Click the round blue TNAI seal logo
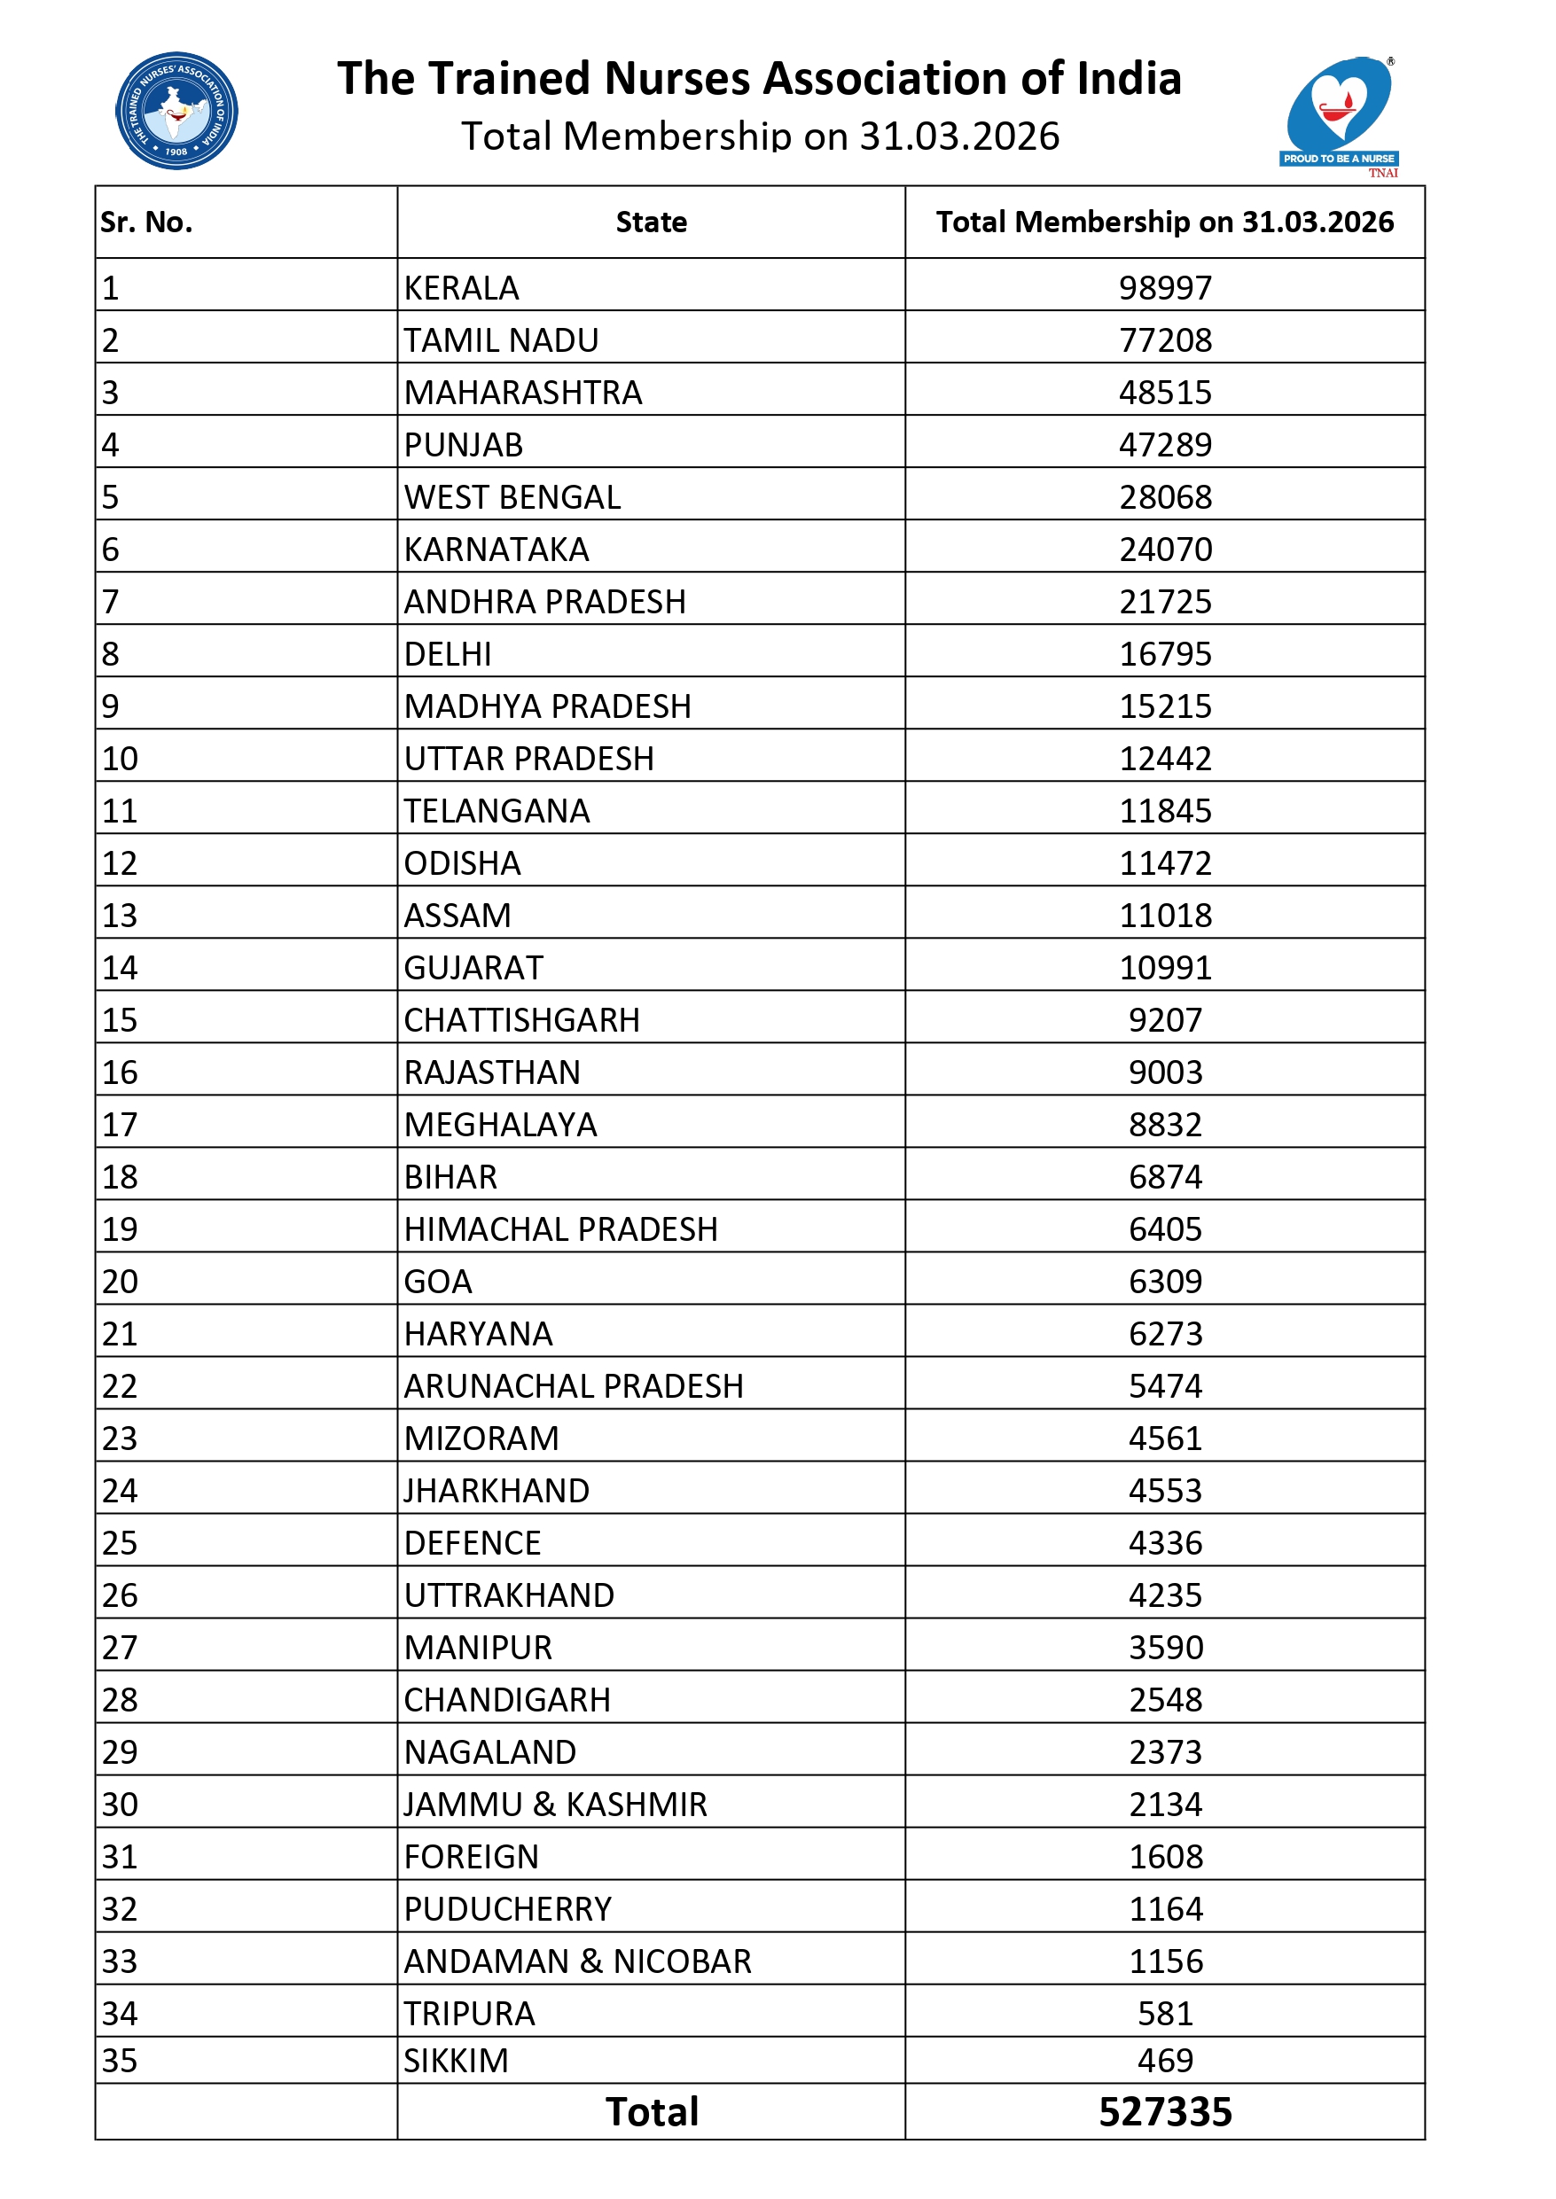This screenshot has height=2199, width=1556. [176, 111]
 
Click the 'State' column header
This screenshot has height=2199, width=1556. [651, 222]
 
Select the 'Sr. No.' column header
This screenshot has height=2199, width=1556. [146, 222]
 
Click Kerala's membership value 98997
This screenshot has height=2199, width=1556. [1165, 288]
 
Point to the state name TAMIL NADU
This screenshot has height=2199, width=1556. [501, 341]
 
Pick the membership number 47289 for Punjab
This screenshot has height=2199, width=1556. [1165, 445]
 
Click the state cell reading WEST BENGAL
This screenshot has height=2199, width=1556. [512, 498]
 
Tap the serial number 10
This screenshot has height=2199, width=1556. [121, 760]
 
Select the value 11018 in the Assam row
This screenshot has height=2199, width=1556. [1165, 916]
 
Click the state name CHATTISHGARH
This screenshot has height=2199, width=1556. [522, 1021]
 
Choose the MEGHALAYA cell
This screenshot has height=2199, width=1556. [500, 1126]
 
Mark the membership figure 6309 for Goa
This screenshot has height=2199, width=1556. [1165, 1283]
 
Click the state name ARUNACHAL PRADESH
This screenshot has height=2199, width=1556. [574, 1387]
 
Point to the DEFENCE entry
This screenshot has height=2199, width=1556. [473, 1544]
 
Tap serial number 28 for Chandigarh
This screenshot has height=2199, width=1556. [121, 1701]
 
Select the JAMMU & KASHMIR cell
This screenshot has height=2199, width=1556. [556, 1805]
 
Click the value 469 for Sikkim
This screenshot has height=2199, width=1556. [1165, 2061]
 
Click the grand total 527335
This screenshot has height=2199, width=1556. [1165, 2113]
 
